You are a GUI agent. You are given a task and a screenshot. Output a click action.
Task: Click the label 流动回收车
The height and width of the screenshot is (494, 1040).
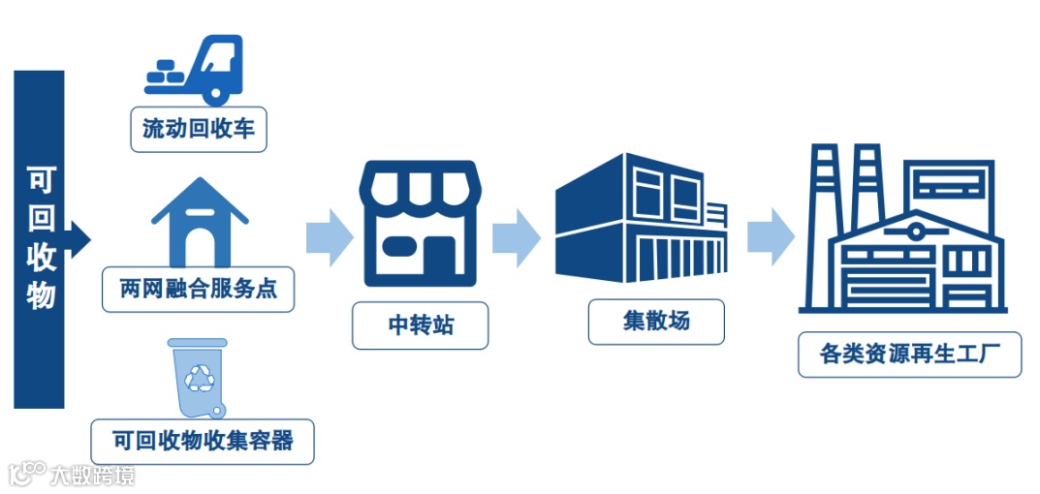(x=199, y=130)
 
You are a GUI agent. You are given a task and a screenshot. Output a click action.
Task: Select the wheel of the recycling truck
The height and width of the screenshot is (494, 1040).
(x=214, y=92)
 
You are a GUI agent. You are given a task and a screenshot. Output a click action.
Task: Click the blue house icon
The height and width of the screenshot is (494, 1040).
(x=200, y=222)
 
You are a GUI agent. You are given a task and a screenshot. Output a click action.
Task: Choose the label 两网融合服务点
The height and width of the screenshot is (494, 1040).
(x=198, y=290)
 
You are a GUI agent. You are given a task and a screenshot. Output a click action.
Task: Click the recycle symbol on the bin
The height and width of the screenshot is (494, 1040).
(x=202, y=377)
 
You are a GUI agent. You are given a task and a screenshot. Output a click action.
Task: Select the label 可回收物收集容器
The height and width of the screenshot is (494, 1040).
(x=202, y=442)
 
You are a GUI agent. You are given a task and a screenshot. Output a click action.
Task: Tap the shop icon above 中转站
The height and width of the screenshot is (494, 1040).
(x=420, y=223)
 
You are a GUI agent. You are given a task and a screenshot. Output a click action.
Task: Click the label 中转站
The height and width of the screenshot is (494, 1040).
(x=420, y=327)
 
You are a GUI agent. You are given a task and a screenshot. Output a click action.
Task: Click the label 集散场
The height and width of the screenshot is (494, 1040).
(x=656, y=322)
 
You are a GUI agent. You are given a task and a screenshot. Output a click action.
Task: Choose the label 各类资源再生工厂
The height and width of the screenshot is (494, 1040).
(x=908, y=355)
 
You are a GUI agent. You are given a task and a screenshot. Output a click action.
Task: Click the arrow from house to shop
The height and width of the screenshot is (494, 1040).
(x=329, y=236)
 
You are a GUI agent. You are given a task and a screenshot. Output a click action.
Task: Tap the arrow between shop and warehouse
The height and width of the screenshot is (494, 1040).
(x=517, y=236)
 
